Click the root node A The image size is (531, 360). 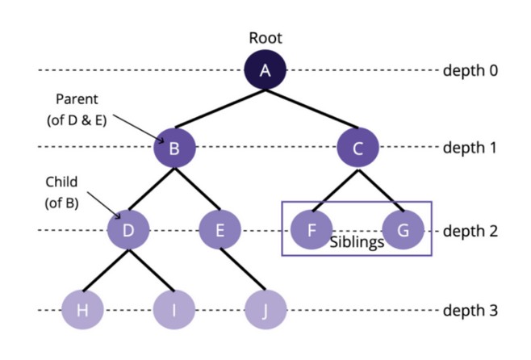pos(265,70)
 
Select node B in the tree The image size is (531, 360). pos(174,148)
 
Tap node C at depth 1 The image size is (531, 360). pos(358,148)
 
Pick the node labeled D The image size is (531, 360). pos(128,230)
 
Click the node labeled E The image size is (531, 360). pos(220,230)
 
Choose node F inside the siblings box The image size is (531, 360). pos(311,230)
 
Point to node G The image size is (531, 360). pos(403,230)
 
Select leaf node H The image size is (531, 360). pos(82,311)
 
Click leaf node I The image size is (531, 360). pos(174,311)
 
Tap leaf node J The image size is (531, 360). pos(265,311)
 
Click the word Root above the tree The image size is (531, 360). pos(265,38)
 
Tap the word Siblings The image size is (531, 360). pos(357,242)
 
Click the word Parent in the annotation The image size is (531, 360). pos(76,99)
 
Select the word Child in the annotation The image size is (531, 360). pos(61,182)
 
